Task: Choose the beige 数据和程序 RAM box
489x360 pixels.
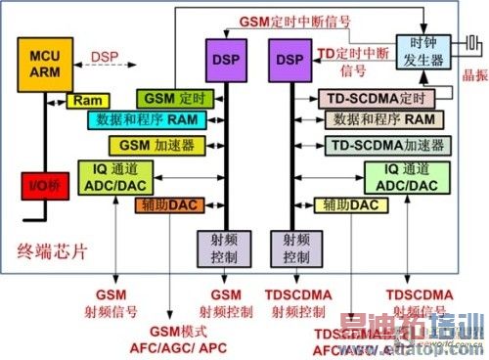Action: coord(382,119)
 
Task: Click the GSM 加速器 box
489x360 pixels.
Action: coord(158,145)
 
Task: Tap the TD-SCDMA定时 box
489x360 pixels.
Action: coord(376,98)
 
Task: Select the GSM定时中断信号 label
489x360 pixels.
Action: coord(295,21)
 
